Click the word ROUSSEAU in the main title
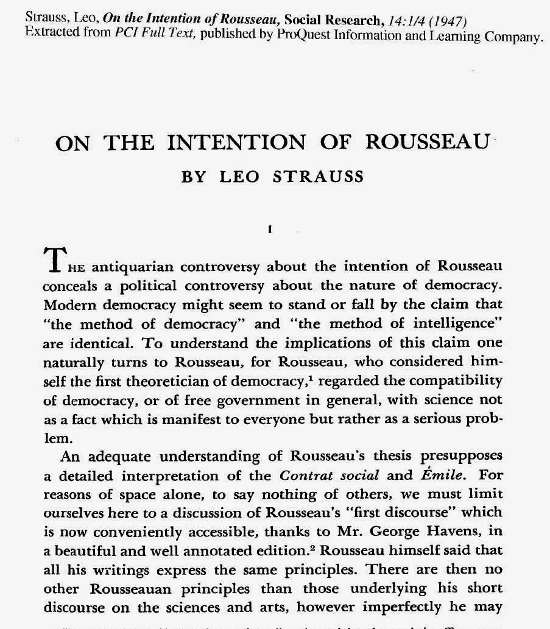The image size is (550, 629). tap(428, 142)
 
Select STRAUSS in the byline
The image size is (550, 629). tap(319, 177)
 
